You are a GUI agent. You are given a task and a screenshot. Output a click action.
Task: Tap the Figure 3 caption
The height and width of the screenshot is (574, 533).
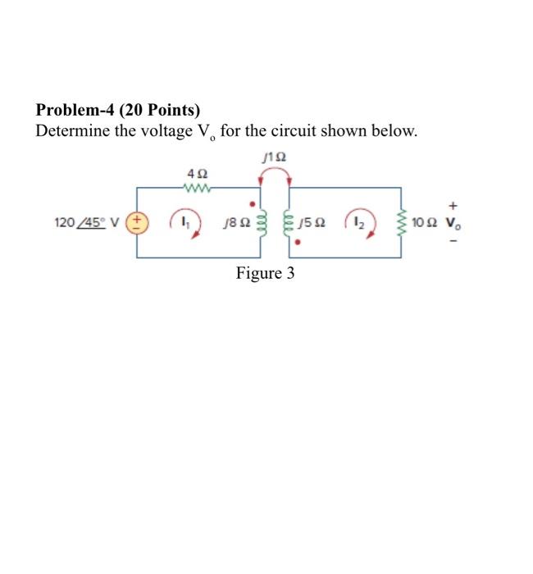click(265, 273)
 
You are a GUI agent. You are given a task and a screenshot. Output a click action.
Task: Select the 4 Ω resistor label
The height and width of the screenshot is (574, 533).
click(198, 174)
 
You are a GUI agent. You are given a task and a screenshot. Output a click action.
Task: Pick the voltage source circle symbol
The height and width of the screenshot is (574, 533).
click(137, 222)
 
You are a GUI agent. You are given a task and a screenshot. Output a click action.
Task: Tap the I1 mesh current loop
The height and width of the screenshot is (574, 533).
click(183, 222)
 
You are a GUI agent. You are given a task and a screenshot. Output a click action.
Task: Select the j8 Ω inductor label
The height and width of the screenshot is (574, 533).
click(235, 222)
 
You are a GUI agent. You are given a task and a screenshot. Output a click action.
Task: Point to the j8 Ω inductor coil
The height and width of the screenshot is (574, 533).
click(261, 222)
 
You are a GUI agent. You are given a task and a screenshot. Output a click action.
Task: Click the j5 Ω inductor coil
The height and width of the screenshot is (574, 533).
click(289, 222)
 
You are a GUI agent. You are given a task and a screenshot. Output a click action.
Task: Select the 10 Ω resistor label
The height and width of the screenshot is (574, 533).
click(426, 222)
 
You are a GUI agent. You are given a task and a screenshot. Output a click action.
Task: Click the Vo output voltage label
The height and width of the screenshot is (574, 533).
click(452, 222)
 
